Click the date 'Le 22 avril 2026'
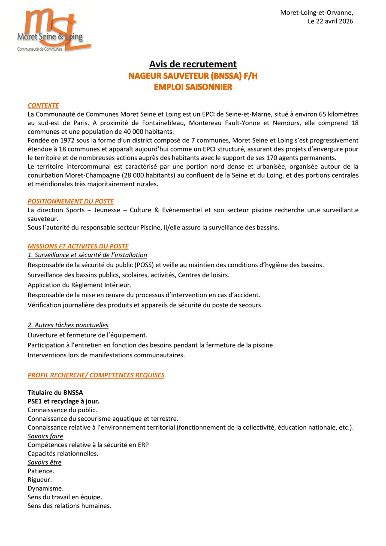click(330, 21)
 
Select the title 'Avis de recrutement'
click(193, 64)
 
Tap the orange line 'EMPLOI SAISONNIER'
click(193, 87)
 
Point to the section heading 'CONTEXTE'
click(43, 106)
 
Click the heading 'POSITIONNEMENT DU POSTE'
click(71, 201)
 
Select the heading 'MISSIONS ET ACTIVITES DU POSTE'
click(78, 246)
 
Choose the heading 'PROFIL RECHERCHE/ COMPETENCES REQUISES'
click(96, 375)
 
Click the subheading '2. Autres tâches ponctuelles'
click(68, 325)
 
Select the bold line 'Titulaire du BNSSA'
click(55, 392)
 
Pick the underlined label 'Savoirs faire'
click(45, 436)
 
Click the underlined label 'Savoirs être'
click(45, 462)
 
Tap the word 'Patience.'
click(41, 471)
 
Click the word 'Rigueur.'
click(40, 480)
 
